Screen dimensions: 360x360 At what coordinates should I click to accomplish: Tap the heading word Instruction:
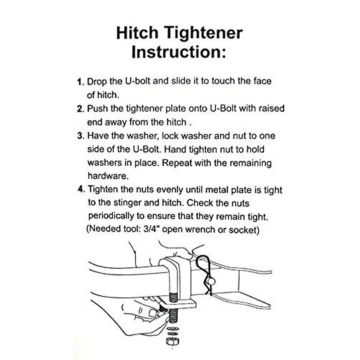(179, 52)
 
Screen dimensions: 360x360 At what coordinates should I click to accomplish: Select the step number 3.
(80, 136)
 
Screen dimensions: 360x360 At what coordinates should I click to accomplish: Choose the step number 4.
(80, 189)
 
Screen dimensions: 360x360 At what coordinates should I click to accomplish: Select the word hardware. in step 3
(108, 176)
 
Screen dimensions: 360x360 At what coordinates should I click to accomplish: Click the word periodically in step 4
(111, 216)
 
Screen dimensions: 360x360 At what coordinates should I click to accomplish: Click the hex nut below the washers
(172, 341)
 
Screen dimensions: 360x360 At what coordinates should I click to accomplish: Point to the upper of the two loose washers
(172, 328)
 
